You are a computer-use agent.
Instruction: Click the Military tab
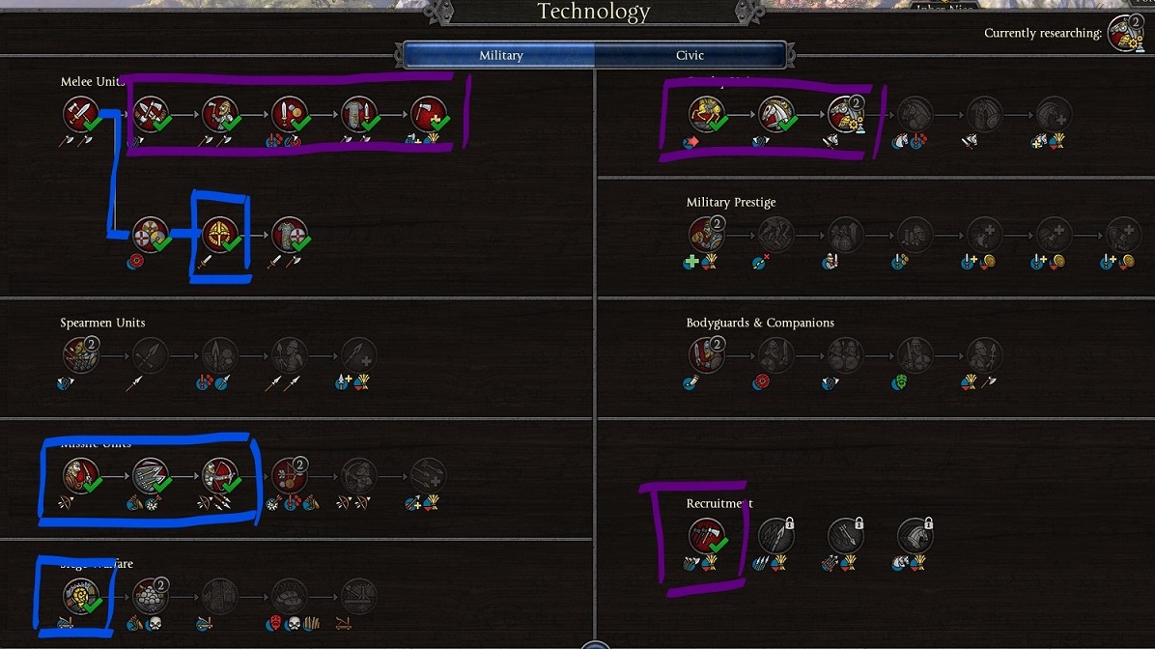click(x=500, y=55)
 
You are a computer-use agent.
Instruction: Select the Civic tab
click(x=690, y=55)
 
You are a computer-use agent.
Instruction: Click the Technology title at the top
click(x=593, y=12)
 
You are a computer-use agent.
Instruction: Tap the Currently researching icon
click(x=1125, y=33)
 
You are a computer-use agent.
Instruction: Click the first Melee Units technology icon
click(x=81, y=115)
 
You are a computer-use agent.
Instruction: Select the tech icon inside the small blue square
click(x=220, y=234)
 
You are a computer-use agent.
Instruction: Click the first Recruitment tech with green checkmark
click(x=706, y=536)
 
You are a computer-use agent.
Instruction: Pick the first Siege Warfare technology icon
click(x=81, y=596)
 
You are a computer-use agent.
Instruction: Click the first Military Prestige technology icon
click(x=706, y=234)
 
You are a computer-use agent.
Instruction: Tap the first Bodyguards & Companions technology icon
click(x=706, y=354)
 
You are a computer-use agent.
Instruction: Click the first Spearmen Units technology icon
click(x=81, y=354)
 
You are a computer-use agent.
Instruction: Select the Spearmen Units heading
click(x=102, y=323)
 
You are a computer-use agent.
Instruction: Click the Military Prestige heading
click(x=731, y=202)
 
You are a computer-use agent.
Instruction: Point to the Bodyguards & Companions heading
click(x=760, y=323)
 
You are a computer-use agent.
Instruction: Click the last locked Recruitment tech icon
click(x=915, y=536)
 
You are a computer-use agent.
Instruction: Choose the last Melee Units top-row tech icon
click(x=428, y=115)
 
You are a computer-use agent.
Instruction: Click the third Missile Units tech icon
click(x=220, y=474)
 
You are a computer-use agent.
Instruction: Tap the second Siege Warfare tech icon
click(x=151, y=596)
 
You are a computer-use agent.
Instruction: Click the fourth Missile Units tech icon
click(x=289, y=474)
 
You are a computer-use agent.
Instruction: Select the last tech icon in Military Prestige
click(x=1123, y=234)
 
